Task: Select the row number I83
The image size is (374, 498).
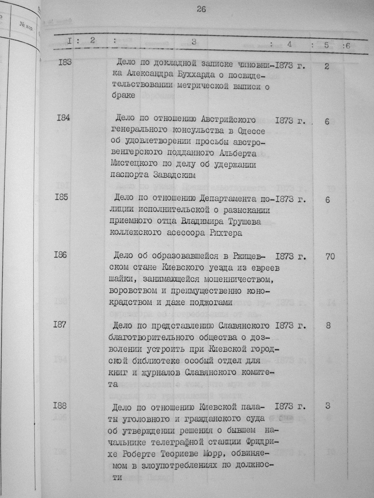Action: pos(65,62)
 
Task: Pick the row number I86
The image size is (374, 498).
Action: pos(60,254)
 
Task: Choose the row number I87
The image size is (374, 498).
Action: pos(59,324)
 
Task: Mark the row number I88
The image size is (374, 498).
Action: pos(60,405)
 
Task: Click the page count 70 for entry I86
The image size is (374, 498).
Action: pos(329,256)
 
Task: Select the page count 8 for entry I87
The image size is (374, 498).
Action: pos(328,325)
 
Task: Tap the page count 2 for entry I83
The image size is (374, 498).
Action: pos(327,66)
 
